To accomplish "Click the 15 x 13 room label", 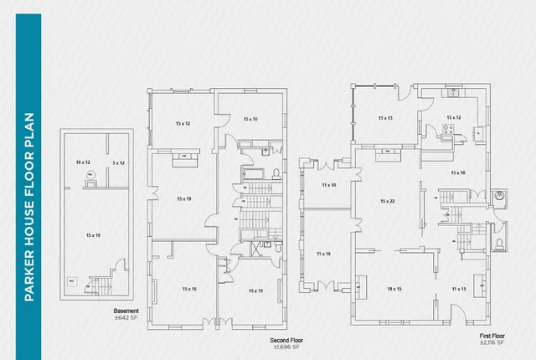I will click(x=385, y=118).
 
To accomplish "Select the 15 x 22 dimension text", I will click(x=387, y=201).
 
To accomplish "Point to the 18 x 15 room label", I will click(x=394, y=288).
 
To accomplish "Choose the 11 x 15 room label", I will click(x=458, y=288).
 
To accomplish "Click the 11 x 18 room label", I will click(x=323, y=253).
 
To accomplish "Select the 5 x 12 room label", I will click(x=118, y=162).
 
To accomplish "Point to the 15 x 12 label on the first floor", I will click(x=454, y=118).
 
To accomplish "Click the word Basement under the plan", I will click(x=126, y=311).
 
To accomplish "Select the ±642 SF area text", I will click(x=126, y=317).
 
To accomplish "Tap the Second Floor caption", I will click(x=286, y=341).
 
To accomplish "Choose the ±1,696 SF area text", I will click(x=286, y=347).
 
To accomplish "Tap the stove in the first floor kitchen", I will click(x=450, y=129).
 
